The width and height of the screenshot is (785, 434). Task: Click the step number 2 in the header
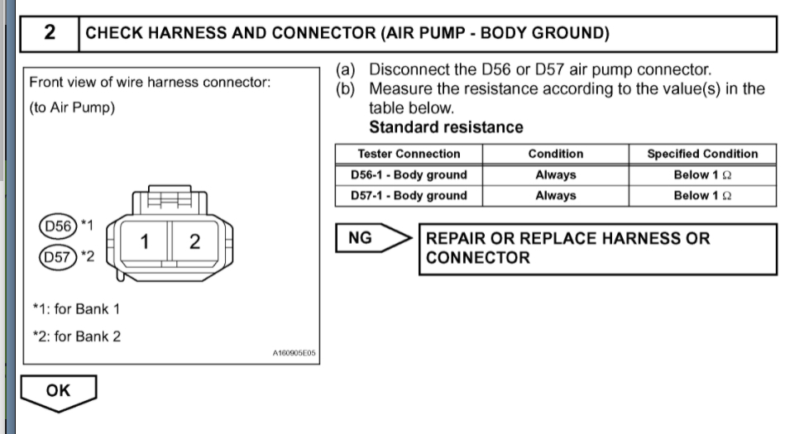point(50,34)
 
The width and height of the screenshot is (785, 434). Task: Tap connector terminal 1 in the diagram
point(143,243)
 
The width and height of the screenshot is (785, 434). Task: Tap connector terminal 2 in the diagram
point(195,243)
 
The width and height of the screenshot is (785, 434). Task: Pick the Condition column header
point(555,154)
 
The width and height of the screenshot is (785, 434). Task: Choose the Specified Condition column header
point(702,154)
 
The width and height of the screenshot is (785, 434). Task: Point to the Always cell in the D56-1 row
point(555,175)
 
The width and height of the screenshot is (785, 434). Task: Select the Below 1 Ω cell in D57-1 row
point(702,196)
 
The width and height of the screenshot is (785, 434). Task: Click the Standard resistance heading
point(445,127)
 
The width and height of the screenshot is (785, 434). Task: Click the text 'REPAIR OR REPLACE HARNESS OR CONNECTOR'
point(567,248)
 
